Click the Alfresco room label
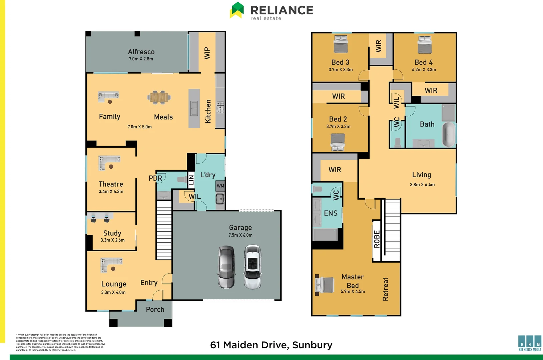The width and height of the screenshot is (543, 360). click(x=141, y=52)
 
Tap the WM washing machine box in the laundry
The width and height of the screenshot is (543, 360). click(x=220, y=186)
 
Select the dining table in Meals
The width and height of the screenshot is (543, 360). click(x=159, y=97)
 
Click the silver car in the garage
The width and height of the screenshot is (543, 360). click(x=226, y=267)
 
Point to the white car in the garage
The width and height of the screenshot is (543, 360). click(x=252, y=267)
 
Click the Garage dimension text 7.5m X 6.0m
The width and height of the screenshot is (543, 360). click(x=240, y=235)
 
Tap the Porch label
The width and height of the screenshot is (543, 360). click(x=155, y=309)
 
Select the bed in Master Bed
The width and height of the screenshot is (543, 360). click(x=325, y=285)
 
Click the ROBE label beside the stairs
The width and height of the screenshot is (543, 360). click(x=377, y=239)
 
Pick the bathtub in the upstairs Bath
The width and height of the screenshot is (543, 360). click(x=449, y=134)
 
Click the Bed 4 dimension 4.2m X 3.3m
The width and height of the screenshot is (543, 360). click(x=424, y=70)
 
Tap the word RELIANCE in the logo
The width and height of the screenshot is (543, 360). click(x=282, y=10)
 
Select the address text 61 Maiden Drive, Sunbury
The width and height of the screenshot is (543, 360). click(x=271, y=345)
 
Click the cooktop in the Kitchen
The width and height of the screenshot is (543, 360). click(x=220, y=107)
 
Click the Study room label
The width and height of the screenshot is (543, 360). click(x=112, y=233)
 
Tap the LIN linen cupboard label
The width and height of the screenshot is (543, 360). click(x=191, y=180)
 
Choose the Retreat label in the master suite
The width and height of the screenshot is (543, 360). click(x=386, y=289)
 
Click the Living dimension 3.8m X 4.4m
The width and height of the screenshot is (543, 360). click(x=422, y=185)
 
